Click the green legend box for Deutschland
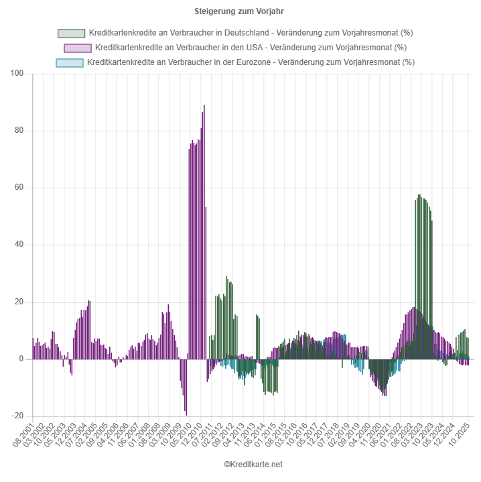(x=71, y=34)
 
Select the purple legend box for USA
(x=77, y=48)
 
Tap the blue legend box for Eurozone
(x=69, y=62)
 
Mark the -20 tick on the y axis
(x=18, y=416)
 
